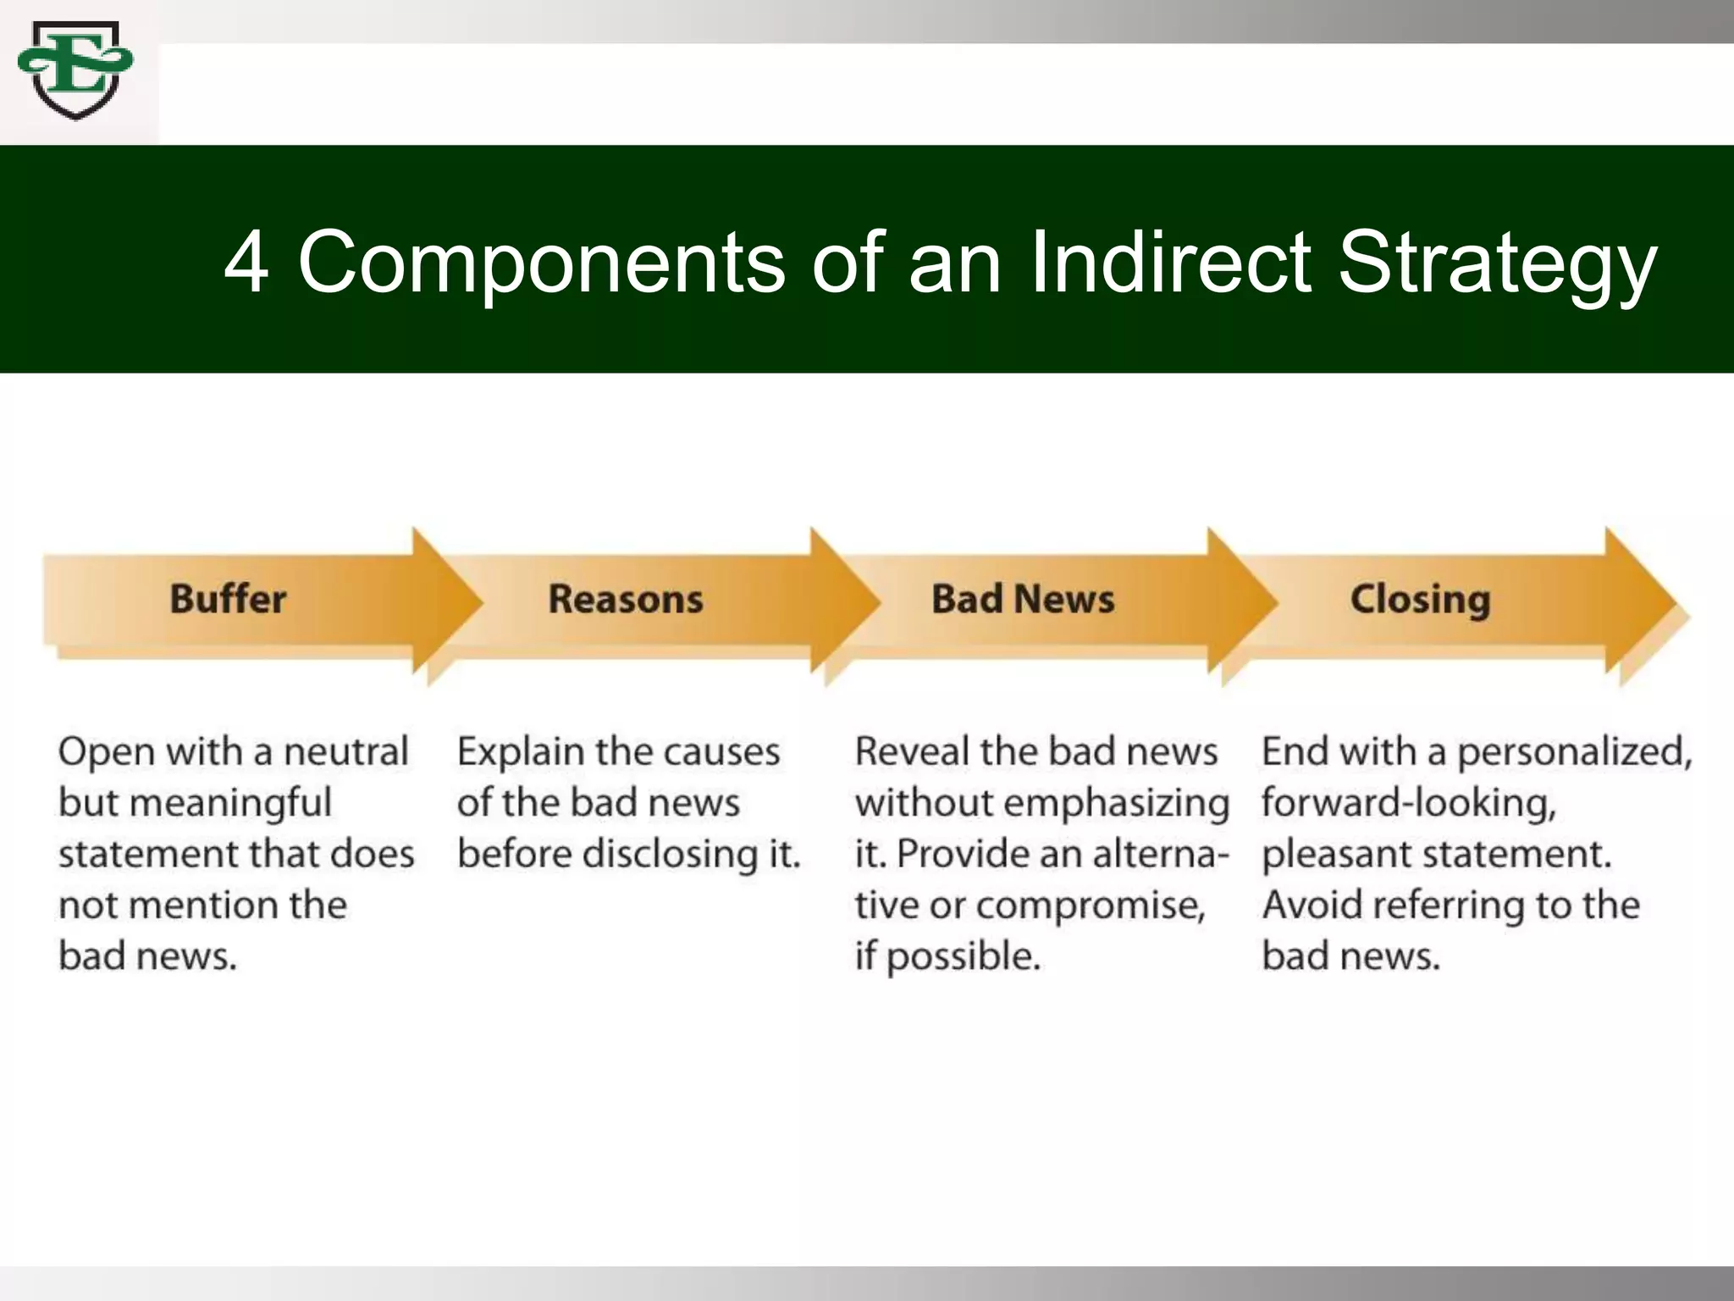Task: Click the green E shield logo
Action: tap(75, 71)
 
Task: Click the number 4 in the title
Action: tap(246, 263)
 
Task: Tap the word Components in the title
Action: tap(542, 264)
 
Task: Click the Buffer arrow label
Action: tap(228, 599)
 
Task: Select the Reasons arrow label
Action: tap(626, 599)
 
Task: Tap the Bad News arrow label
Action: tap(1023, 599)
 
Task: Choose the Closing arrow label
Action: tap(1420, 599)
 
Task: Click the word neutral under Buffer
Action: tap(345, 751)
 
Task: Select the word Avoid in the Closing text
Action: tap(1312, 905)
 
